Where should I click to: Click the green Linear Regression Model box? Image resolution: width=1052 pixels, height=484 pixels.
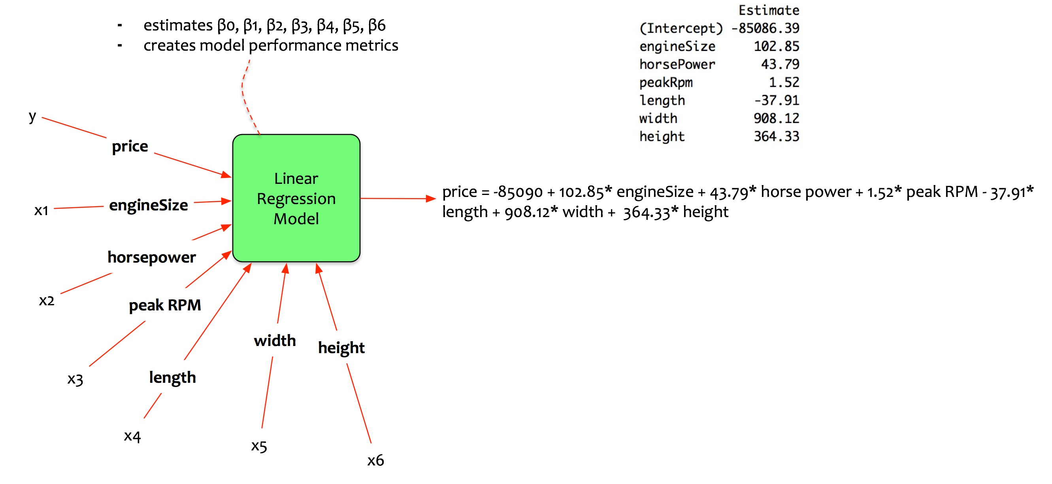pos(296,198)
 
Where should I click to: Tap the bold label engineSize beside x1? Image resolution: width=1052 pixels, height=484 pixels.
pos(148,205)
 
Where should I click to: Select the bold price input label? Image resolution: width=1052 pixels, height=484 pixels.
pos(130,146)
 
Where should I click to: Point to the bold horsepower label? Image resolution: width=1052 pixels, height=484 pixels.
pos(151,257)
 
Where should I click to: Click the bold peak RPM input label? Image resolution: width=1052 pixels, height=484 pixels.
pos(164,305)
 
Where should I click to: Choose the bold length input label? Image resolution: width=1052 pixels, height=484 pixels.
pos(172,377)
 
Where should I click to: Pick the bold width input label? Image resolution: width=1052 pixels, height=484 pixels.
pos(275,340)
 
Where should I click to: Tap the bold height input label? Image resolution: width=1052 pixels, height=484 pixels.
pos(341,348)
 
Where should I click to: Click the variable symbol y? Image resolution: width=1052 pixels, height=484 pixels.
pos(32,117)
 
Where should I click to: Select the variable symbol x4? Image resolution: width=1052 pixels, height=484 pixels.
pos(132,436)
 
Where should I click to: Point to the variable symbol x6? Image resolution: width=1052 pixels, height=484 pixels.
pos(375,460)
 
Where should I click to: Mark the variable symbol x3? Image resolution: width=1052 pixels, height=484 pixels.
pos(75,379)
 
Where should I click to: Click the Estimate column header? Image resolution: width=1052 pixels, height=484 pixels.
pos(769,10)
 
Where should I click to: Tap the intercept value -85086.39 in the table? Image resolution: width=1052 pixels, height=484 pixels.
pos(765,28)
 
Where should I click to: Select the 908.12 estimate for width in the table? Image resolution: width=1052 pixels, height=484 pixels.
pos(776,118)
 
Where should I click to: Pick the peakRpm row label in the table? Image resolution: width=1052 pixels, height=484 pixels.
pos(666,83)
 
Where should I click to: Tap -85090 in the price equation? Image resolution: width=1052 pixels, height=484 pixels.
pos(518,192)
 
